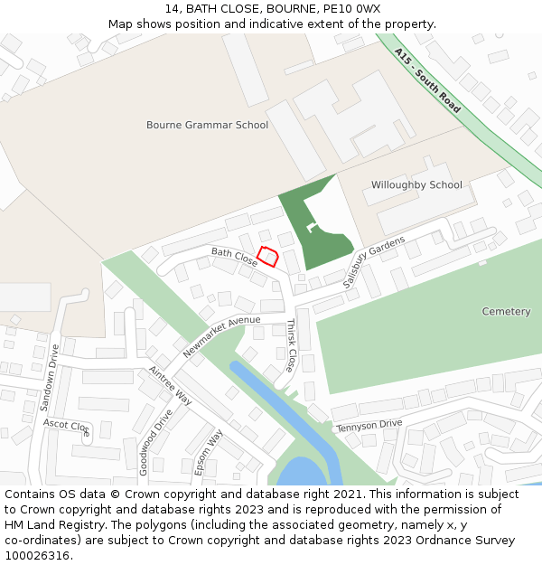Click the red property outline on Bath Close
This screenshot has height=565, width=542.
[267, 257]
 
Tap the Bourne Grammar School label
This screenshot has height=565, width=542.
[207, 125]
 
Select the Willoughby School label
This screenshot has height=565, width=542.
[416, 185]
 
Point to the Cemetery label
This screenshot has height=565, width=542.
[506, 311]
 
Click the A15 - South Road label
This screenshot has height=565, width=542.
[427, 80]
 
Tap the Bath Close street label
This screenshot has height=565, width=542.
[235, 257]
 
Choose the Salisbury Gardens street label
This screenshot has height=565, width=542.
[374, 262]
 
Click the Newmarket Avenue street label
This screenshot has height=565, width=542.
[220, 335]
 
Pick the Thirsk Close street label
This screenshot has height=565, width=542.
[291, 345]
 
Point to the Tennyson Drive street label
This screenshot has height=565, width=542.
[369, 425]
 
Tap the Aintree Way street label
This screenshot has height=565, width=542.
[171, 386]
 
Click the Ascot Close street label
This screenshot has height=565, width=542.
[68, 427]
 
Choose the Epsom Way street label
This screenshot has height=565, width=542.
[209, 452]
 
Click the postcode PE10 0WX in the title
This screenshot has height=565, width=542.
[352, 9]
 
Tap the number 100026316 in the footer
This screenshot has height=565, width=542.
[37, 556]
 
